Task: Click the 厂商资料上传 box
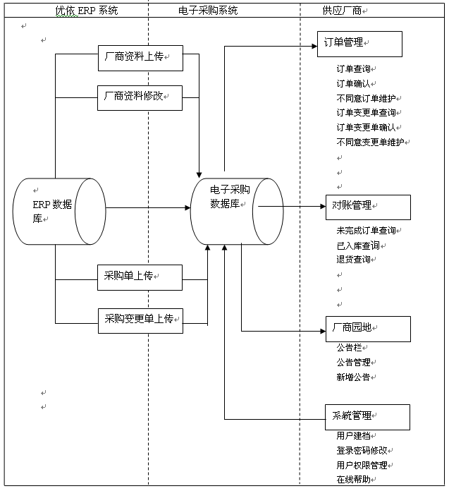(x=140, y=58)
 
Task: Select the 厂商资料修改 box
(x=140, y=97)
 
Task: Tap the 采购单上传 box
(x=140, y=277)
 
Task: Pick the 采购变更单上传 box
(x=140, y=320)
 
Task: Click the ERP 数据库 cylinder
(x=59, y=211)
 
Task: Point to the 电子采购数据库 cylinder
(x=236, y=211)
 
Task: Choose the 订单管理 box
(x=359, y=44)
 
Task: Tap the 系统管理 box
(x=367, y=416)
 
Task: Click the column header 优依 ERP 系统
(x=87, y=11)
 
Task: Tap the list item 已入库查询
(x=359, y=245)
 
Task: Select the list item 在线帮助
(x=355, y=480)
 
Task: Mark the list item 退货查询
(x=355, y=260)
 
